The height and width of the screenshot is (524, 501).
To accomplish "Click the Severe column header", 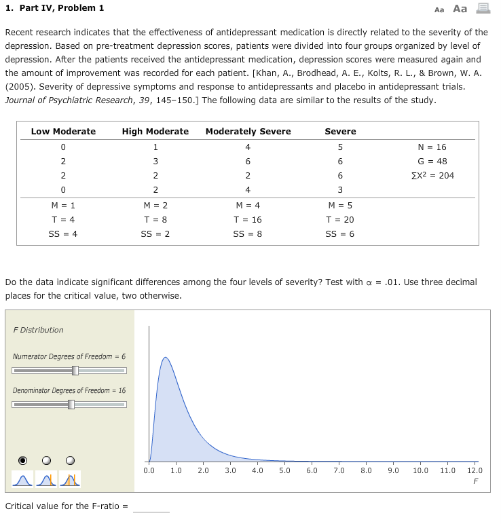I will pos(340,131).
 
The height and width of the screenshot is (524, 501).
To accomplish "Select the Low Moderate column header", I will pos(63,131).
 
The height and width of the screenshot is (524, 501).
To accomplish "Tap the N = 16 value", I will pos(432,147).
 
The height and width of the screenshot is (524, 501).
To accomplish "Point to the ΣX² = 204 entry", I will pos(432,175).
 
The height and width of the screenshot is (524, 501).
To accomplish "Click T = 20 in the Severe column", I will pos(340,219).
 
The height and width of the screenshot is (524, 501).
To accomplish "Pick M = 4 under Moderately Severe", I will pos(247,205).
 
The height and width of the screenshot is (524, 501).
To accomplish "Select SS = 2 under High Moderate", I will pos(155,233).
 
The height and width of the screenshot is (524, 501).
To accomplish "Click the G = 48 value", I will pos(432,161).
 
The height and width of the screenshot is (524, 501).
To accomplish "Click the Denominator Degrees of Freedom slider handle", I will pos(71,405).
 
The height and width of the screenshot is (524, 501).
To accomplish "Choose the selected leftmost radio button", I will pos(23,460).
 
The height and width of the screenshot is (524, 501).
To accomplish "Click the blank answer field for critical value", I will pos(151,506).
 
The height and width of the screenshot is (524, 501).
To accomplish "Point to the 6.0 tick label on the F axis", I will pos(312,470).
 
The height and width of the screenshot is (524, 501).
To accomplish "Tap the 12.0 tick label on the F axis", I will pos(475,470).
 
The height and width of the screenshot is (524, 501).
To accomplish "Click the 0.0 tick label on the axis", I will pos(149,470).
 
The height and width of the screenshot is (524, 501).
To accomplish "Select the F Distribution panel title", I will pos(38,330).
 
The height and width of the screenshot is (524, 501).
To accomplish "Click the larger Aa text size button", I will pos(460,9).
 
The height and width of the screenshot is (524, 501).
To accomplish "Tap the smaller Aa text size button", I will pos(439,10).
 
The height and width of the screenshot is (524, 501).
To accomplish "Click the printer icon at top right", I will pos(483,9).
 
